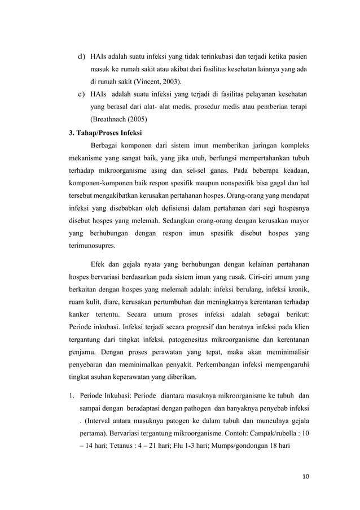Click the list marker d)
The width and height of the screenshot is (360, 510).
click(81, 57)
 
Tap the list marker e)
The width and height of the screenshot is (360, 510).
click(81, 94)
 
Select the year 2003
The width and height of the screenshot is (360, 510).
click(174, 82)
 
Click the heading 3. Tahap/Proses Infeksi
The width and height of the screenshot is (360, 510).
click(97, 134)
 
